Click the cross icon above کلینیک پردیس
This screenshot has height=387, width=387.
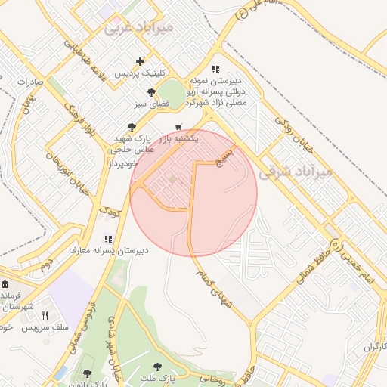click(139, 61)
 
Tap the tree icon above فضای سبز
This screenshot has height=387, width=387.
click(152, 92)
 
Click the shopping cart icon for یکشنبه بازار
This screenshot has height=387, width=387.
click(178, 126)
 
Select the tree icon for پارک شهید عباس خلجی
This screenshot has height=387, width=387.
click(132, 127)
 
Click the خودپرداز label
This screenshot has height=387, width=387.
click(121, 163)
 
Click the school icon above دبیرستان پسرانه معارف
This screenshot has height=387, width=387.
click(107, 239)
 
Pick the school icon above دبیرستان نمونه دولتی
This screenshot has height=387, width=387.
click(216, 68)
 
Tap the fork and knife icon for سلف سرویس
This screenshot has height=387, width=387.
click(45, 315)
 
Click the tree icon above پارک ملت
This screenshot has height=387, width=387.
click(157, 367)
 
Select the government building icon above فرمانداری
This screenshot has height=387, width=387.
click(5, 284)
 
